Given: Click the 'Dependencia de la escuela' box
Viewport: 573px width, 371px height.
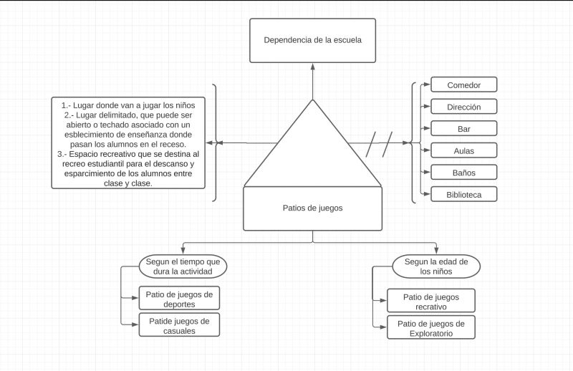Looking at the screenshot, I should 312,40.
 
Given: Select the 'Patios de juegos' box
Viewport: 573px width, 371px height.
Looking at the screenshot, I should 312,208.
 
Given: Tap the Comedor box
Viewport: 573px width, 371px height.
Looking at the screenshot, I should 463,85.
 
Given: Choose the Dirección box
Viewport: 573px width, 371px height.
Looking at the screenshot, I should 463,107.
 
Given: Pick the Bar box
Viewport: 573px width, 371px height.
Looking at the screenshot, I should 463,129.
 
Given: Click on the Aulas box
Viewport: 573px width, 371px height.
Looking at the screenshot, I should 463,150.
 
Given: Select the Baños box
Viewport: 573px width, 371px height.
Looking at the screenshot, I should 463,173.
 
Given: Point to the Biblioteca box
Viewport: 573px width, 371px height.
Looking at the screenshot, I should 463,194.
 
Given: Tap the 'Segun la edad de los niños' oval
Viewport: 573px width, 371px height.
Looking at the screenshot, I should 436,266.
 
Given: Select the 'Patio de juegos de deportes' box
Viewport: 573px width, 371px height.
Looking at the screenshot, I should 179,298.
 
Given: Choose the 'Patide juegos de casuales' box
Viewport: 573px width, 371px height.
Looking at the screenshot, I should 179,325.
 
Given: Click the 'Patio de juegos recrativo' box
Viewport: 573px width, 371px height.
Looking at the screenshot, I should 430,301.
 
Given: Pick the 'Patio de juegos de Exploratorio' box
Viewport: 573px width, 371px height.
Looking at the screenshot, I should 430,327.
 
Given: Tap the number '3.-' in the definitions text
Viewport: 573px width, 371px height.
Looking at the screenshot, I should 62,153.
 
